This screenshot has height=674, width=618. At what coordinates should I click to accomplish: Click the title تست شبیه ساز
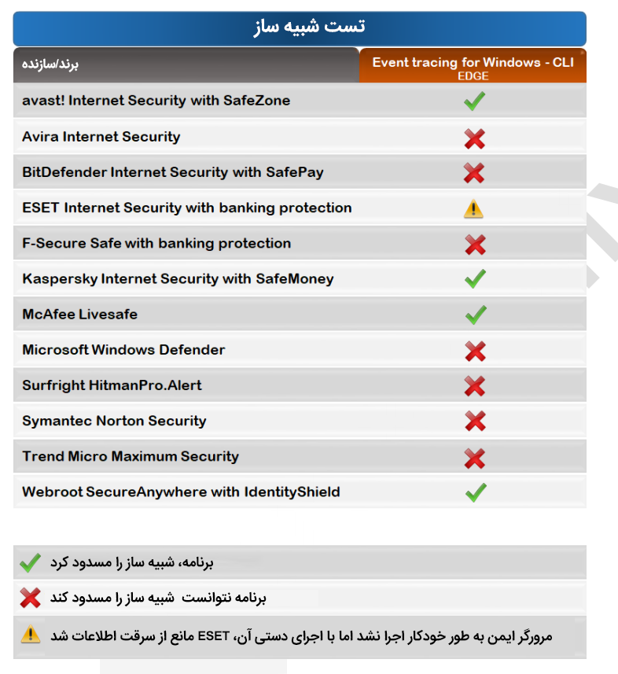tap(309, 27)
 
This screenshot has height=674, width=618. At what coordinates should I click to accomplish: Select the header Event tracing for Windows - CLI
tap(473, 62)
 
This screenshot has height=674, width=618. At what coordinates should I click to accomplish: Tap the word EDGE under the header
tap(473, 76)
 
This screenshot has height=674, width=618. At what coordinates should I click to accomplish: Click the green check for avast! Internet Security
tap(474, 101)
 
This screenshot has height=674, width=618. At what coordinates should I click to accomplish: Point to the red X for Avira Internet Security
tap(474, 139)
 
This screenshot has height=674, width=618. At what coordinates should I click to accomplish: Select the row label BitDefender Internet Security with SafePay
tap(172, 172)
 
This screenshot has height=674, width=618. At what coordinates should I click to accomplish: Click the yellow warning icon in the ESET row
tap(473, 208)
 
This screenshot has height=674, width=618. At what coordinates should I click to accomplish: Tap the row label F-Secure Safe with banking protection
tap(156, 243)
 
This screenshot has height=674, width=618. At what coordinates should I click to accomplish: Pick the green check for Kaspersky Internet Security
tap(475, 278)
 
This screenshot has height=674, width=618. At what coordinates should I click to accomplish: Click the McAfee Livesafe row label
tap(79, 314)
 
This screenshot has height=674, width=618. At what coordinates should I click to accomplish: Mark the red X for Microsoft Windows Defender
tap(475, 351)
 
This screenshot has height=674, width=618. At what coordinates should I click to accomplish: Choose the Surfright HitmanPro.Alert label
tap(112, 385)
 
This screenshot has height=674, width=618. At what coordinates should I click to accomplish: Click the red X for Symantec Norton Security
tap(475, 422)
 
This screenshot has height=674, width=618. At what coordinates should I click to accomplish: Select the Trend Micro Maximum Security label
tap(130, 456)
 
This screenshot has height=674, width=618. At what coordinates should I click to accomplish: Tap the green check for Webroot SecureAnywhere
tap(475, 492)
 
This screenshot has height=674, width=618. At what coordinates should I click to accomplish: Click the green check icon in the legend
tap(30, 562)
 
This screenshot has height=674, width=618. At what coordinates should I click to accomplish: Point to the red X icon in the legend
tap(30, 598)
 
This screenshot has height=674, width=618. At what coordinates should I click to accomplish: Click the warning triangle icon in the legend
tap(30, 634)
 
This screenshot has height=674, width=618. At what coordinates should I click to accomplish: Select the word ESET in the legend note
tap(213, 635)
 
